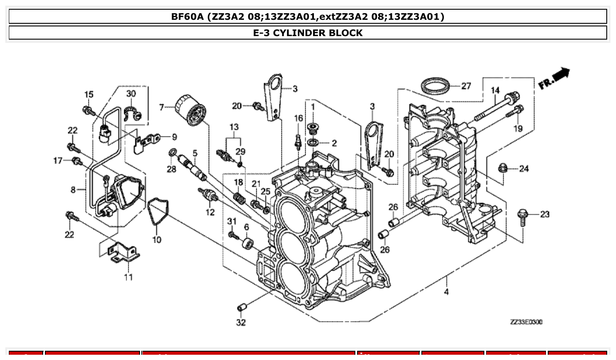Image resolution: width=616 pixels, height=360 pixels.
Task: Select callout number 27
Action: pyautogui.click(x=466, y=86)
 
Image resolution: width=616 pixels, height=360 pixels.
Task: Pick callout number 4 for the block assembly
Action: pyautogui.click(x=446, y=291)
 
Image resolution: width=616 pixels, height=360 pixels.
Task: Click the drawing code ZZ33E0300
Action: pyautogui.click(x=526, y=322)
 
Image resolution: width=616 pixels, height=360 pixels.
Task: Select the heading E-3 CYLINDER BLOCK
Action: pyautogui.click(x=308, y=33)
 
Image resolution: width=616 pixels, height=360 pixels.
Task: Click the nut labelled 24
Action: pyautogui.click(x=502, y=168)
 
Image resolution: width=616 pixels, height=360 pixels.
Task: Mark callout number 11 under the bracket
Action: pyautogui.click(x=128, y=277)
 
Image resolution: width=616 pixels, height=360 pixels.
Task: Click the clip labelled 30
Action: pyautogui.click(x=133, y=114)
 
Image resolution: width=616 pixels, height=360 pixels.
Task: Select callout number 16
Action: pyautogui.click(x=299, y=118)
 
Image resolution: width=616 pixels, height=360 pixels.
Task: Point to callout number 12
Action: pyautogui.click(x=210, y=213)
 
